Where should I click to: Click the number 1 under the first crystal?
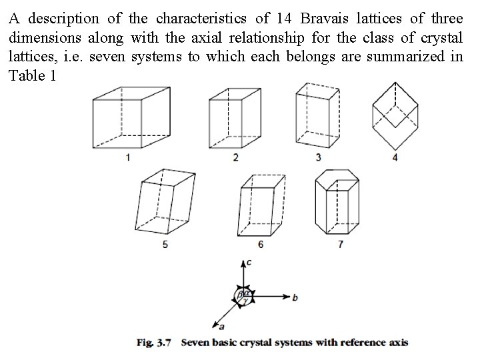[x=127, y=157]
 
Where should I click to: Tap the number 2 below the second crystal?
[x=235, y=157]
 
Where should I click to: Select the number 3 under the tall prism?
[x=318, y=157]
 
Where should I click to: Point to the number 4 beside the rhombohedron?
[x=395, y=157]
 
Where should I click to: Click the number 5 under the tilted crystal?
[x=165, y=245]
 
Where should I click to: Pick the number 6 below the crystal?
[x=261, y=245]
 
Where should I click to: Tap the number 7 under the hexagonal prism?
[x=341, y=245]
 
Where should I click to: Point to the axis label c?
[x=248, y=263]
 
